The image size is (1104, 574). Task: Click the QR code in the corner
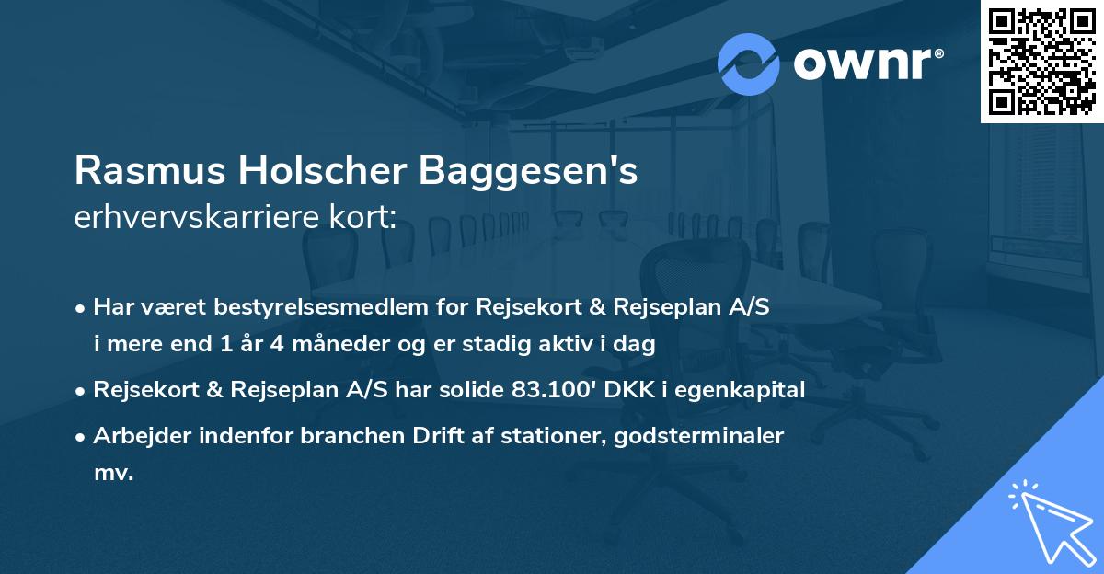coord(1041,62)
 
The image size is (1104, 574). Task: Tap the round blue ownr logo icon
coord(749,64)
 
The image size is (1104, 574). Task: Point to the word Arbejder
coord(136,436)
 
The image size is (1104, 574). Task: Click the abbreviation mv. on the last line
coord(114,474)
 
